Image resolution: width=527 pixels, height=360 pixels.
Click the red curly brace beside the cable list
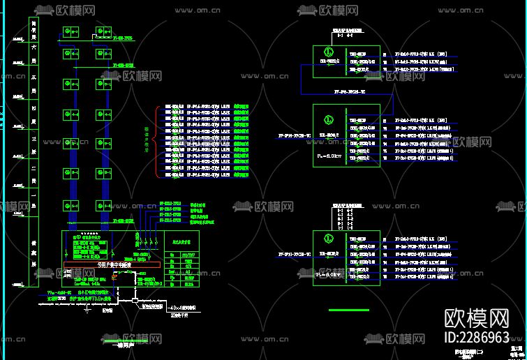(x=156, y=140)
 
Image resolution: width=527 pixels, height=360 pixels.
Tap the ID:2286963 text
(x=477, y=338)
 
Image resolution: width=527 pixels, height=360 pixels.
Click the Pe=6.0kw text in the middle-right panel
(x=328, y=154)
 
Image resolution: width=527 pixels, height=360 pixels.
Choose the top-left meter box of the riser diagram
(x=70, y=32)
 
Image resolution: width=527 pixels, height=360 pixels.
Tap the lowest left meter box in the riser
(x=70, y=206)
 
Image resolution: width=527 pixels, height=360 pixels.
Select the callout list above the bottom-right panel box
(x=346, y=217)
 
